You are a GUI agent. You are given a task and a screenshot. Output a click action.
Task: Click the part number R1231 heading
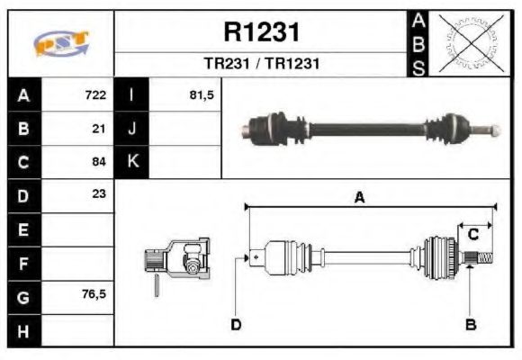coord(260,33)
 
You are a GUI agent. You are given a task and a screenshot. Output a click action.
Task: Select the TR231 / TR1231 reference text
coord(260,65)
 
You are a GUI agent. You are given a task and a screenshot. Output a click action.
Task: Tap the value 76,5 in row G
coord(94,292)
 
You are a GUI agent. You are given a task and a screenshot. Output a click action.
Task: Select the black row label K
coord(131,162)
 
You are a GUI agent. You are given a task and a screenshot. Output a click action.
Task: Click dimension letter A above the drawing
coord(359,199)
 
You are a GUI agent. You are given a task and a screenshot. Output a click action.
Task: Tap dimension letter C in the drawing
coord(472,235)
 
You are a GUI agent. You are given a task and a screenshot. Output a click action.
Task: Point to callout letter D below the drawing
coord(236,324)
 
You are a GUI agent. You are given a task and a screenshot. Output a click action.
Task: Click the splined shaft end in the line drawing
coord(481,260)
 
